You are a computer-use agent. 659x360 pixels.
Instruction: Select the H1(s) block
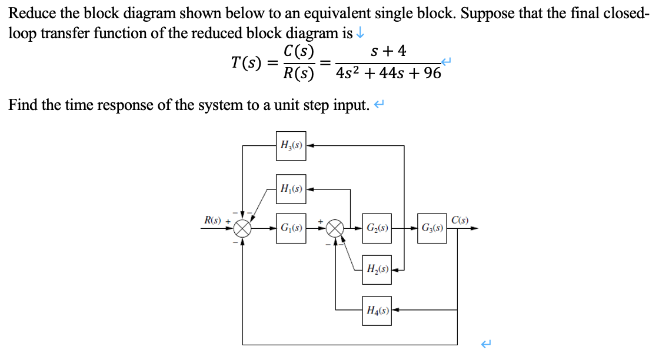291,189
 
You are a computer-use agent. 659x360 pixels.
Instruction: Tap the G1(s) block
291,228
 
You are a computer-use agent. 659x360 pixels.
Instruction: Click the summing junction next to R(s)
243,228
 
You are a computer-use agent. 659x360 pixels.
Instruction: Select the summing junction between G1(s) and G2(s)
335,228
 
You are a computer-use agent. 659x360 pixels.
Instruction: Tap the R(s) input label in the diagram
212,220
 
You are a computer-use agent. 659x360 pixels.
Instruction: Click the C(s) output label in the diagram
461,221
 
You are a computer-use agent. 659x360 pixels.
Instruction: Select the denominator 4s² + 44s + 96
388,74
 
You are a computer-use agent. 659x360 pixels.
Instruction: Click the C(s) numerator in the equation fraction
299,51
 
